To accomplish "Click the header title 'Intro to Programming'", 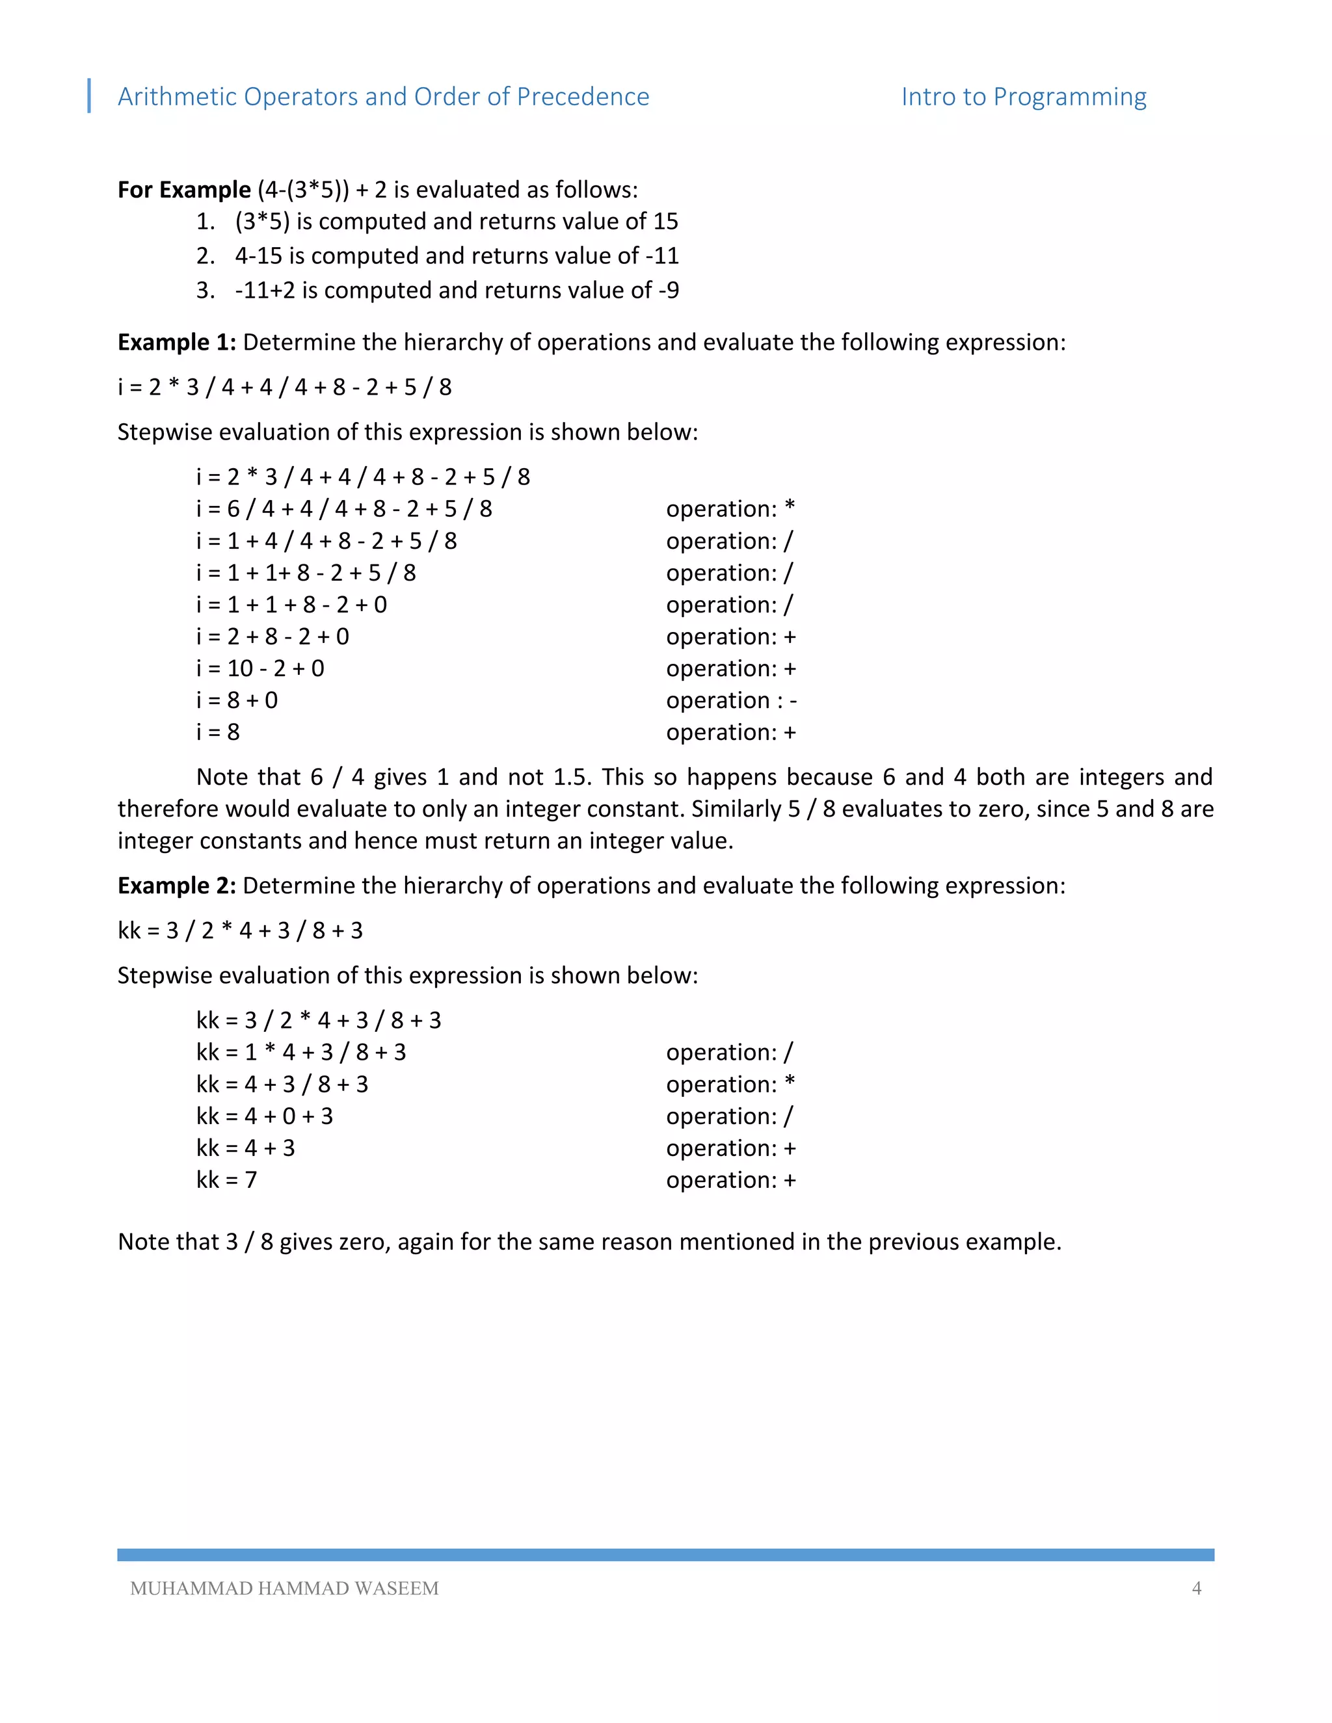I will point(1024,96).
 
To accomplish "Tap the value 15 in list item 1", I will point(665,222).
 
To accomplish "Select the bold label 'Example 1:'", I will point(177,343).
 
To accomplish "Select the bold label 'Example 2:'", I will point(177,886).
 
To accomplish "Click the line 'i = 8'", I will point(218,732).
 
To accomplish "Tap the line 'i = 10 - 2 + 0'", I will point(260,668).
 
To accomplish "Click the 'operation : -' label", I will point(730,700).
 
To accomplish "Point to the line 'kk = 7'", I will point(226,1180).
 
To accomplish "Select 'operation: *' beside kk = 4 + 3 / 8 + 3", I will point(730,1085).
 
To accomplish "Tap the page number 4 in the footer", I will point(1196,1588).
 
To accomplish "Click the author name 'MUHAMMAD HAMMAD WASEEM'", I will point(284,1588).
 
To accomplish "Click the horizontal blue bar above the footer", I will point(665,1554).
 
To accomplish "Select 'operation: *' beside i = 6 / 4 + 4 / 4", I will point(730,509).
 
